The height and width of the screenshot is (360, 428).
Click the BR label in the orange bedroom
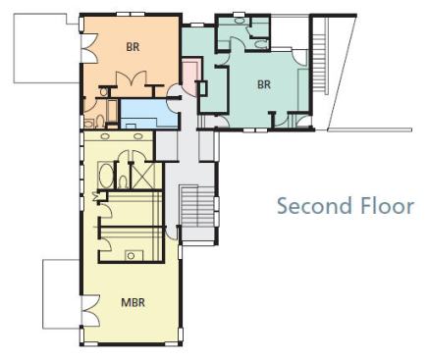[x=133, y=47]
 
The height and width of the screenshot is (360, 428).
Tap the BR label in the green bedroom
[x=264, y=84]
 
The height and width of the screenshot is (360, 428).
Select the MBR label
[x=133, y=302]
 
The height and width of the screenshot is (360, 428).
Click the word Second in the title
[x=313, y=206]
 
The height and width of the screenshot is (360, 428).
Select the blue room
[x=149, y=114]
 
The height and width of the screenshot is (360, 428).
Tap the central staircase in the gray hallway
[x=198, y=206]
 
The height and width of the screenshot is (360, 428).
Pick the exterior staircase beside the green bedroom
[x=320, y=62]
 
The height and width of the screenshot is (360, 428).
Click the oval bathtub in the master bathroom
[x=106, y=176]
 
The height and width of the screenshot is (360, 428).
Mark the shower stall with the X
[x=142, y=176]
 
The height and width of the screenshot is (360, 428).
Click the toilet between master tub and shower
[x=123, y=181]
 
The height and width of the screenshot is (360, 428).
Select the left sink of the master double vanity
[x=105, y=136]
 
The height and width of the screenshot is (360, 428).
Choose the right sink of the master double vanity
[x=138, y=136]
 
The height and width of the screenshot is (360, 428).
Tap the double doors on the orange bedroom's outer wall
[x=89, y=47]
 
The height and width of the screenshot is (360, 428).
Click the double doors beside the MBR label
[x=90, y=311]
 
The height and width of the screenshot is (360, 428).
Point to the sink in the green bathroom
[x=240, y=21]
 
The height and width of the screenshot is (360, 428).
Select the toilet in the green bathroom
[x=261, y=44]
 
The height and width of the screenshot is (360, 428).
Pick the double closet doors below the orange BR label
[x=131, y=78]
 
